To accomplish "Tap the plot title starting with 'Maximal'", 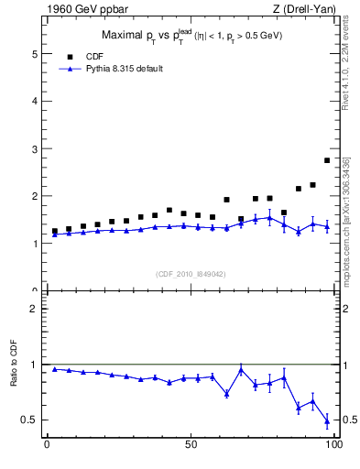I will point(191,36).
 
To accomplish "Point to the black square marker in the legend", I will point(69,56).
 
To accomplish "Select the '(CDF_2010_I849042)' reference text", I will point(190,273).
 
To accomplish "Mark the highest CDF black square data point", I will point(327,160).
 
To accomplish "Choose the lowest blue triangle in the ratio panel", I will point(327,420).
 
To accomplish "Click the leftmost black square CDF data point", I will point(55,232).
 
